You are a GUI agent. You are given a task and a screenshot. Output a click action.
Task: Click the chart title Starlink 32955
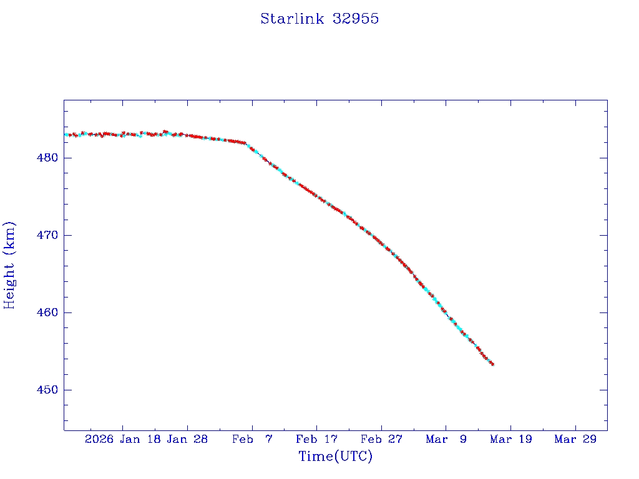pos(319,19)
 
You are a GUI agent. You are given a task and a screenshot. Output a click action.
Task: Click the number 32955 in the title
pos(356,19)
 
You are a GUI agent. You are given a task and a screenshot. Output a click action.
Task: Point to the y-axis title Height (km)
pos(10,265)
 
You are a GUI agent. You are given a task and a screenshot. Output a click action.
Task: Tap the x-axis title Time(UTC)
pos(335,457)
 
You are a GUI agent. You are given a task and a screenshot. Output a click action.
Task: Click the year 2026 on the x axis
pos(99,439)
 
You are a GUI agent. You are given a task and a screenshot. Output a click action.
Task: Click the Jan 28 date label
pos(187,439)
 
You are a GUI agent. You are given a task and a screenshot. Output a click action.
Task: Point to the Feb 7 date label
pos(252,439)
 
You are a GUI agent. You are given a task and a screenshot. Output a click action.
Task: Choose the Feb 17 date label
pos(316,439)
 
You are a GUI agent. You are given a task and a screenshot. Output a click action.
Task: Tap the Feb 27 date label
pos(381,439)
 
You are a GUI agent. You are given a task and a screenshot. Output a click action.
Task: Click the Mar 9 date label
pos(446,439)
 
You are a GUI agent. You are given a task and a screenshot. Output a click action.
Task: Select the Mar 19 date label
pos(510,439)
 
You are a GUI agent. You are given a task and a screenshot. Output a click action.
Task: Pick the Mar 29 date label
pos(575,439)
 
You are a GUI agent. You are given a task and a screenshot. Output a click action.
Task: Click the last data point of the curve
pos(492,364)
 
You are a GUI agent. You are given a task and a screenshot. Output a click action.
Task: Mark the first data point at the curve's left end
pos(66,135)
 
